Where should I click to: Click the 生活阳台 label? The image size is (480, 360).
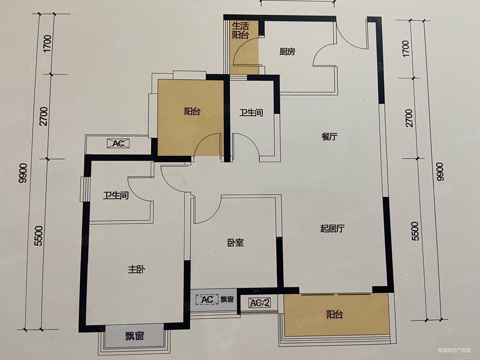click(240, 30)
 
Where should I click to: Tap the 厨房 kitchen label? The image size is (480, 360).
click(287, 52)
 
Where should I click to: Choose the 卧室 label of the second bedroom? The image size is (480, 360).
click(236, 243)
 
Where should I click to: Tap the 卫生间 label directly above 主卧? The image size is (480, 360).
click(116, 196)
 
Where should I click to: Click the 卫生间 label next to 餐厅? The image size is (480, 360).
click(251, 113)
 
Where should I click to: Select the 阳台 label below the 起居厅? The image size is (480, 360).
click(334, 315)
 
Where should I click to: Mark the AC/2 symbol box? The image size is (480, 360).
click(260, 303)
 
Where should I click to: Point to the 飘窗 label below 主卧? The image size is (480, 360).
click(135, 336)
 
